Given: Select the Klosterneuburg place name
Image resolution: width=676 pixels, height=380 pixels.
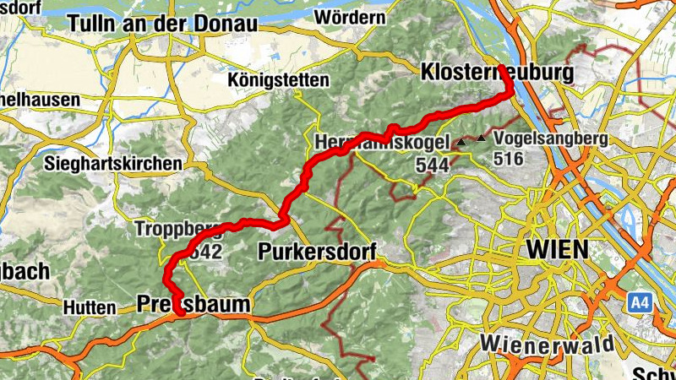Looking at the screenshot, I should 497,72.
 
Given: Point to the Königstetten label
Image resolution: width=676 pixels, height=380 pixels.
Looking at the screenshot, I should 278,79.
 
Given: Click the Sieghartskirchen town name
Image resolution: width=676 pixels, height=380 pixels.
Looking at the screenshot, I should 115,162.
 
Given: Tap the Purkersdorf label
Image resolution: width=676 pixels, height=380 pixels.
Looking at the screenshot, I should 317,252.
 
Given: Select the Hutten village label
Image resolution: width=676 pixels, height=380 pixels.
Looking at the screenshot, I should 89,308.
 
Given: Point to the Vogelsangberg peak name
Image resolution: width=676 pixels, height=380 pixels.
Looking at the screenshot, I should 552,138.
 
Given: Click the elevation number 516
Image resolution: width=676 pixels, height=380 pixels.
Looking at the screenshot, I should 510,158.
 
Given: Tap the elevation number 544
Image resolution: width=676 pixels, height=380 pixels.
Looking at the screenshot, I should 432,166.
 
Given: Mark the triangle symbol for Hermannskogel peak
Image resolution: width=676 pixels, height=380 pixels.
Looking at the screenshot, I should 461,144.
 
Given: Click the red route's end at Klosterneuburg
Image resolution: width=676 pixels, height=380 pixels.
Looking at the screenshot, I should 502,67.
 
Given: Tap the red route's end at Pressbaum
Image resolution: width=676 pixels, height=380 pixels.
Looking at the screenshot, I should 180,314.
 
